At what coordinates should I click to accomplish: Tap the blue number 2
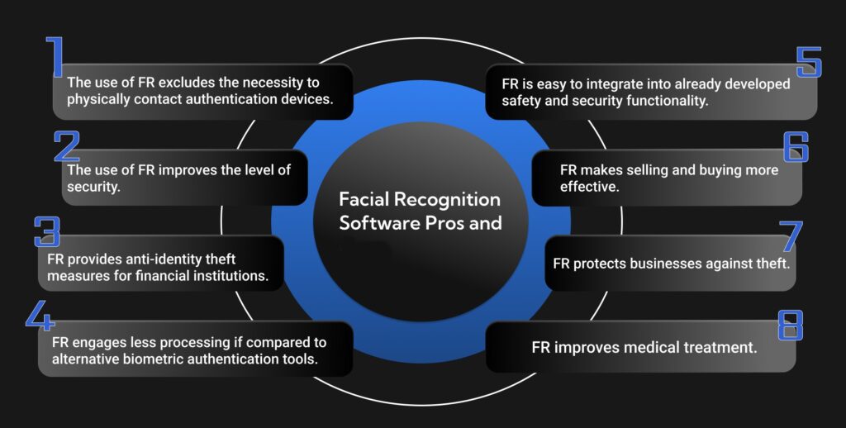point(66,145)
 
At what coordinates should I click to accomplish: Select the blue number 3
point(47,232)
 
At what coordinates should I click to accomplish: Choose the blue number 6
point(796,145)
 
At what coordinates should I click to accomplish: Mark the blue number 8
point(791,325)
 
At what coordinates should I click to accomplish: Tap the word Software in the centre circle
point(373,223)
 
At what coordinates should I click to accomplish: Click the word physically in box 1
point(97,101)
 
